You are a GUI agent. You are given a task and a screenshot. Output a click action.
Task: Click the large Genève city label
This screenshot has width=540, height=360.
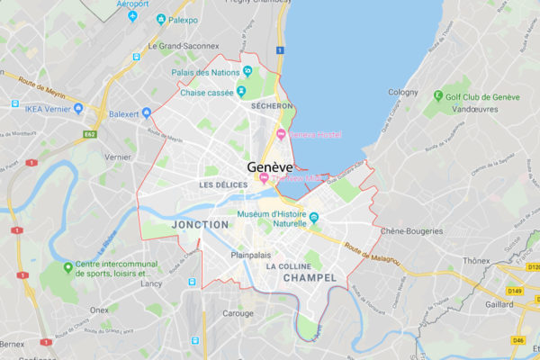[271, 167]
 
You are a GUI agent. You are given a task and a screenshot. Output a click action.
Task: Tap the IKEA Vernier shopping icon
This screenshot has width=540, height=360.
[78, 109]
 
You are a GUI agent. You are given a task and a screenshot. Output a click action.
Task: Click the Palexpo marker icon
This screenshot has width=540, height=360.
[161, 18]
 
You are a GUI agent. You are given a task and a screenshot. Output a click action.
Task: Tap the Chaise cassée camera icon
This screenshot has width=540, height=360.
[241, 91]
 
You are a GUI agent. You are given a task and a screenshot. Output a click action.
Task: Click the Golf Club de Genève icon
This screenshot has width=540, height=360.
[439, 94]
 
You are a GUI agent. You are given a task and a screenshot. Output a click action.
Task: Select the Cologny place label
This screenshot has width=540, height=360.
[403, 92]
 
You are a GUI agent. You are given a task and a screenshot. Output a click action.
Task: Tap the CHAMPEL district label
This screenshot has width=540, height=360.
[309, 278]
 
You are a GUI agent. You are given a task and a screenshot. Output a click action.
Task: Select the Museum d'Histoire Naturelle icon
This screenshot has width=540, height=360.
[314, 217]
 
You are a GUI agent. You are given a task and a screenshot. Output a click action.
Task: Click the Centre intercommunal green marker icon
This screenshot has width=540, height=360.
[68, 267]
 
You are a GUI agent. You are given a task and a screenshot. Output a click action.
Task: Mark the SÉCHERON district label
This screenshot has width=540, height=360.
[273, 106]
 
